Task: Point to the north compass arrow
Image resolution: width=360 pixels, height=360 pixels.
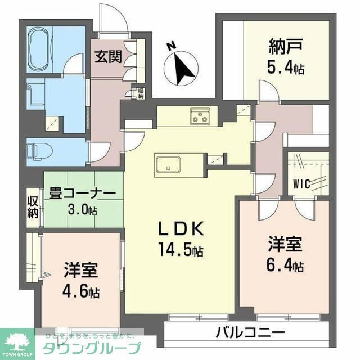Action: (x=182, y=67)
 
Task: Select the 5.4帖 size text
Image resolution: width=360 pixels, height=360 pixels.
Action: (x=285, y=69)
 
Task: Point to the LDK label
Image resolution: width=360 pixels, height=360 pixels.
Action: (x=178, y=229)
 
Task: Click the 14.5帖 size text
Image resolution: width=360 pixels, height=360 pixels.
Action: (x=180, y=248)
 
